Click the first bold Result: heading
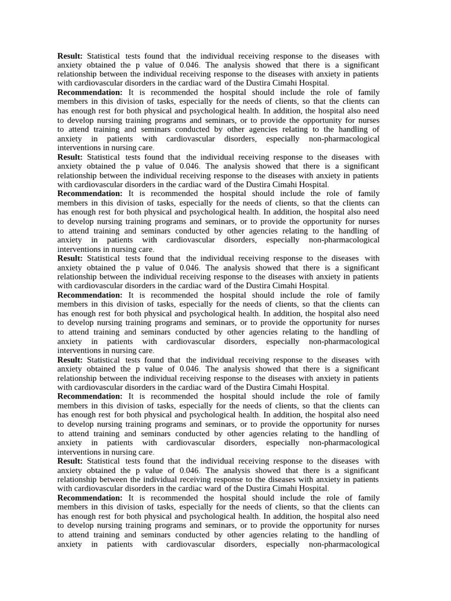70,56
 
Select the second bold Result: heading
70,157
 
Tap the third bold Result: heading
70,258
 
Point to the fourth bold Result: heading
70,360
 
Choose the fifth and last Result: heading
70,461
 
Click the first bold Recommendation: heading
90,93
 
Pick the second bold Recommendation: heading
90,194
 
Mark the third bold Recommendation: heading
90,295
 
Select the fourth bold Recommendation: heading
90,397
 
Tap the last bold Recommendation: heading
90,498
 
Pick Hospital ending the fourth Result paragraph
312,387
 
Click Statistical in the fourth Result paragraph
103,360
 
